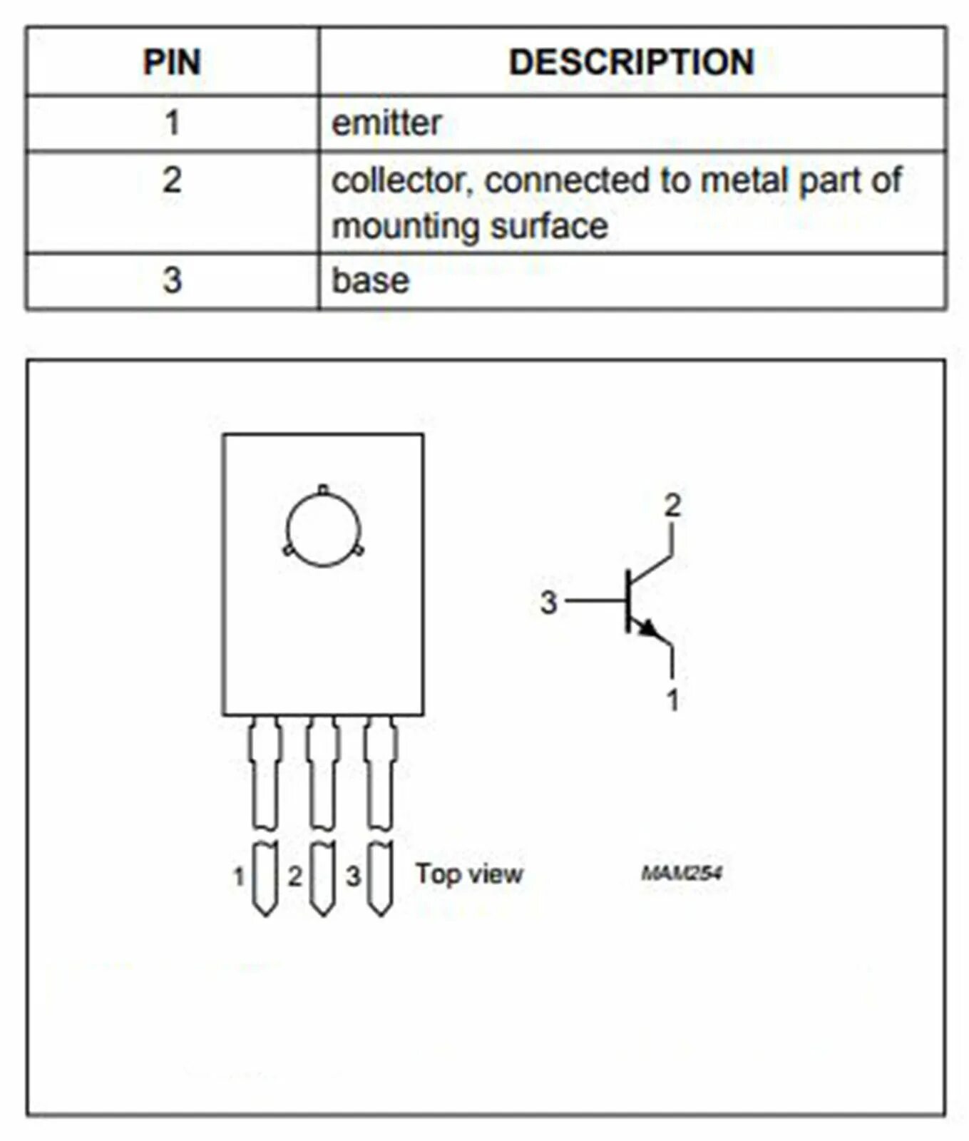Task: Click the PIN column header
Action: [172, 62]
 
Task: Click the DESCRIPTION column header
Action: [632, 62]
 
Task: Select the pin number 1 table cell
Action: [172, 123]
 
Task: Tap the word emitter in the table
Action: [386, 123]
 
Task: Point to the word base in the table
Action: [371, 280]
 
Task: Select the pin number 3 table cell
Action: [172, 280]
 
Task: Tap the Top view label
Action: [469, 874]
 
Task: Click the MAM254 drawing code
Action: [682, 874]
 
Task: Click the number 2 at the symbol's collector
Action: [672, 506]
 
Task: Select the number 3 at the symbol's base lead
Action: [548, 603]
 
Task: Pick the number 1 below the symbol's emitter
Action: [672, 700]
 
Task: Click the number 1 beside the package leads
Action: [240, 876]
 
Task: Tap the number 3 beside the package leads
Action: [354, 876]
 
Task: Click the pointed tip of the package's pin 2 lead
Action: [322, 916]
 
